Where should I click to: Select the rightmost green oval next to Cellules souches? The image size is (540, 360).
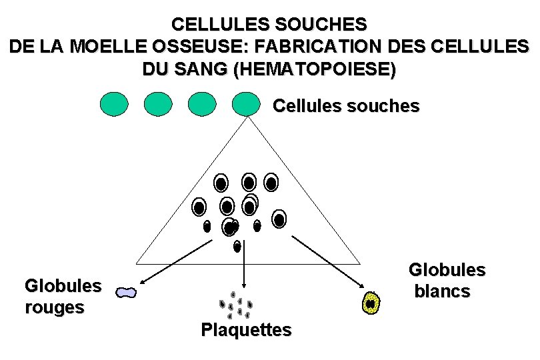tap(246, 104)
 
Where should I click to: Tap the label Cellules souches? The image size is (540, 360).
tap(346, 106)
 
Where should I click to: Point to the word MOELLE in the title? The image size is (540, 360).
tap(99, 47)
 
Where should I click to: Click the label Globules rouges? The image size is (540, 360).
tap(63, 297)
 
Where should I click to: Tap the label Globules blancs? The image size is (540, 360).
tap(446, 281)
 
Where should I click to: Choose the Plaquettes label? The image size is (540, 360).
tap(247, 329)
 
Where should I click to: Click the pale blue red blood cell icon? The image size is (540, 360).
tap(125, 292)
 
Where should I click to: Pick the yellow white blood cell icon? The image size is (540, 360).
tap(371, 303)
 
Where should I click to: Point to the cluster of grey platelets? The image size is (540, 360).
tap(237, 305)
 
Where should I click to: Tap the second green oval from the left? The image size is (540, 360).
tap(158, 104)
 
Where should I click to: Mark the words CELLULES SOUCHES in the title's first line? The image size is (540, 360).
tap(269, 25)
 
